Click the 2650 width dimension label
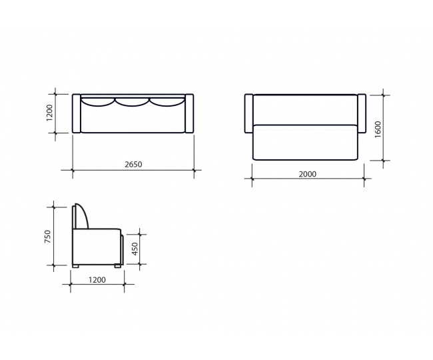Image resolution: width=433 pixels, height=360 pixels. coord(133,165)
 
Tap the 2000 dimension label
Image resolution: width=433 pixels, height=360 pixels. coord(308,174)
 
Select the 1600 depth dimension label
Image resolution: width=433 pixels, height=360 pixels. coord(378,129)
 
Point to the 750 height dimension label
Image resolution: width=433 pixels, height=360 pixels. coord(48,237)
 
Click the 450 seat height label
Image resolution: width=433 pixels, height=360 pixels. coord(135,249)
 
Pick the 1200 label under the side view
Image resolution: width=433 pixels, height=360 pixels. coord(97,280)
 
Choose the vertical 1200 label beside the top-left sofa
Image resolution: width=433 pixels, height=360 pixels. coord(49,113)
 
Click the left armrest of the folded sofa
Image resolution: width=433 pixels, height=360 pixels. coord(77,113)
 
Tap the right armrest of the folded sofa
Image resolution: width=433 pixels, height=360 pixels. coord(189,113)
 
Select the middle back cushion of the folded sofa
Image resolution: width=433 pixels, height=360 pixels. coord(133,103)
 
